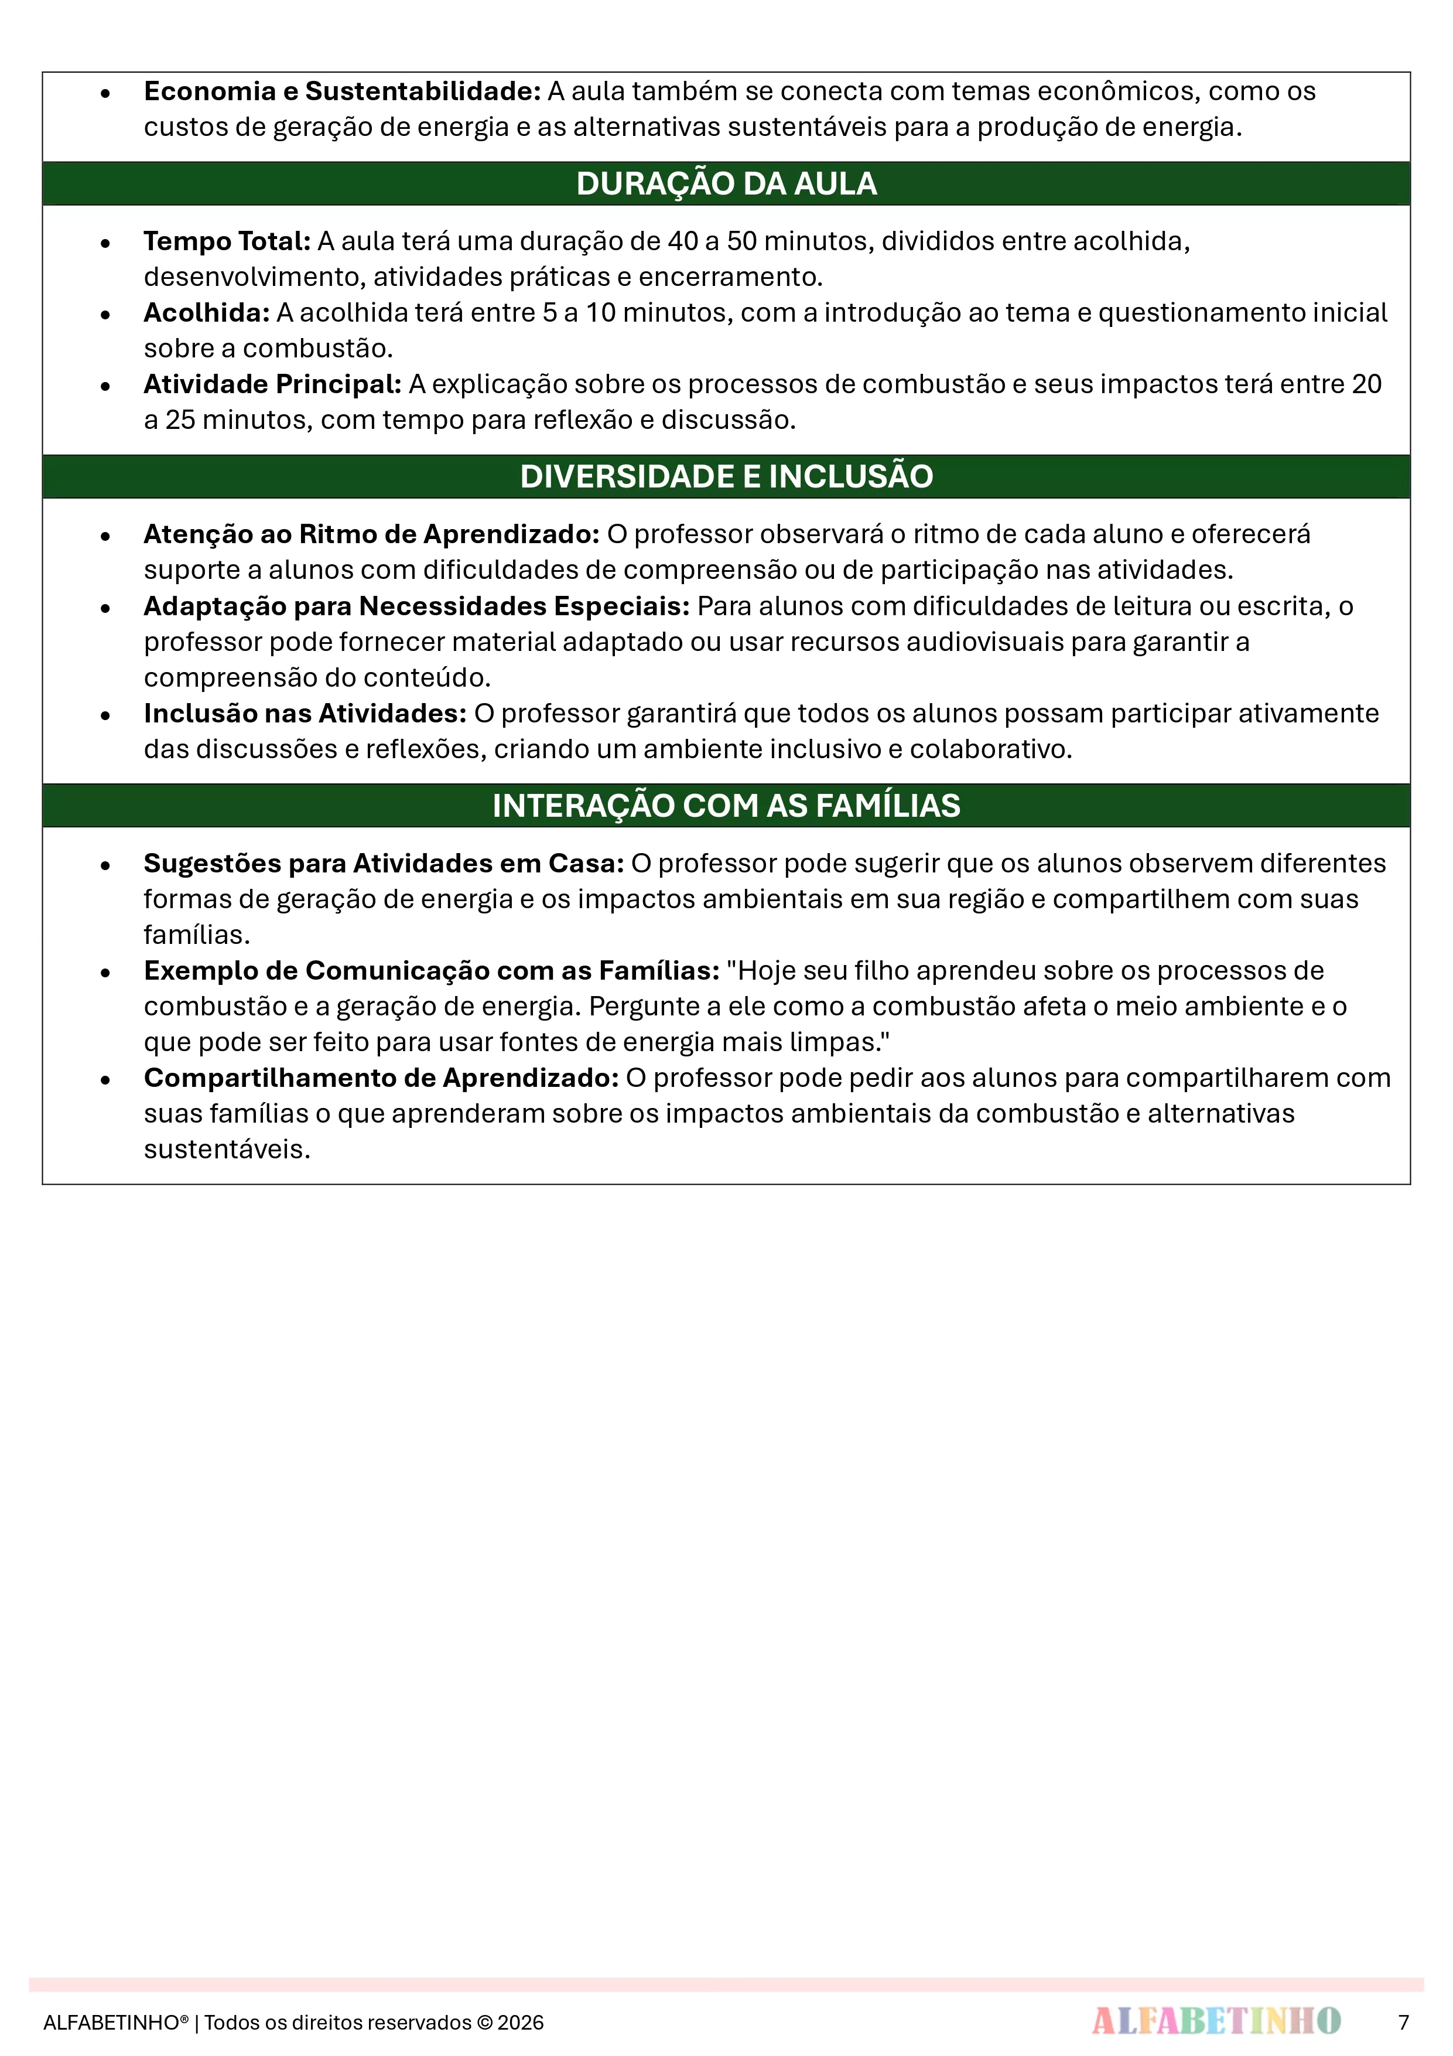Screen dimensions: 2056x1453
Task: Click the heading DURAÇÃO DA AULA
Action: pyautogui.click(x=726, y=183)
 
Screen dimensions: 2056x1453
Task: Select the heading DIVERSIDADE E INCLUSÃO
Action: pyautogui.click(x=726, y=476)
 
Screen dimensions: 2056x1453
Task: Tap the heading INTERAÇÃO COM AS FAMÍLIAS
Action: pyautogui.click(x=726, y=805)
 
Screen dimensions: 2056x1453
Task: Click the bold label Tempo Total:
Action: pyautogui.click(x=227, y=241)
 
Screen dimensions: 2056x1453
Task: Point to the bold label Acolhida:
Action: pyautogui.click(x=207, y=312)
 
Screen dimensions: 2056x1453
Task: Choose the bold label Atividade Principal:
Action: pyautogui.click(x=272, y=384)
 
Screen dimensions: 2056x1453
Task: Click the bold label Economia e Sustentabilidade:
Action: pyautogui.click(x=342, y=91)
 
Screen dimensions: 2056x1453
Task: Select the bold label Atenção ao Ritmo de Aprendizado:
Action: pyautogui.click(x=371, y=534)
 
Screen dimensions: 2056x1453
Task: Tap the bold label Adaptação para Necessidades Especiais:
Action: pyautogui.click(x=416, y=606)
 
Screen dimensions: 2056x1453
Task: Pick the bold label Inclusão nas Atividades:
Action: pyautogui.click(x=305, y=714)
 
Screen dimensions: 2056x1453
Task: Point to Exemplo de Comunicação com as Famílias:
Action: pyautogui.click(x=432, y=971)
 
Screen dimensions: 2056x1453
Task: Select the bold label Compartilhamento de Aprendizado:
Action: pyautogui.click(x=381, y=1078)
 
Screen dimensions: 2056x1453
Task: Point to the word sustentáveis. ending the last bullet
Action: pyautogui.click(x=227, y=1150)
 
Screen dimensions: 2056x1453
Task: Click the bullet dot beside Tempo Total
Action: pyautogui.click(x=105, y=243)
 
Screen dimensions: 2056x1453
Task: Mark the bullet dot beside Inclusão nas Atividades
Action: pyautogui.click(x=105, y=715)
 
